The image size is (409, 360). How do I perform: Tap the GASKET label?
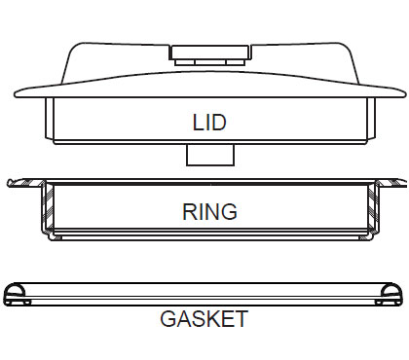[204, 319]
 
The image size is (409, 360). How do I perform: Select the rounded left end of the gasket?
[17, 294]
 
